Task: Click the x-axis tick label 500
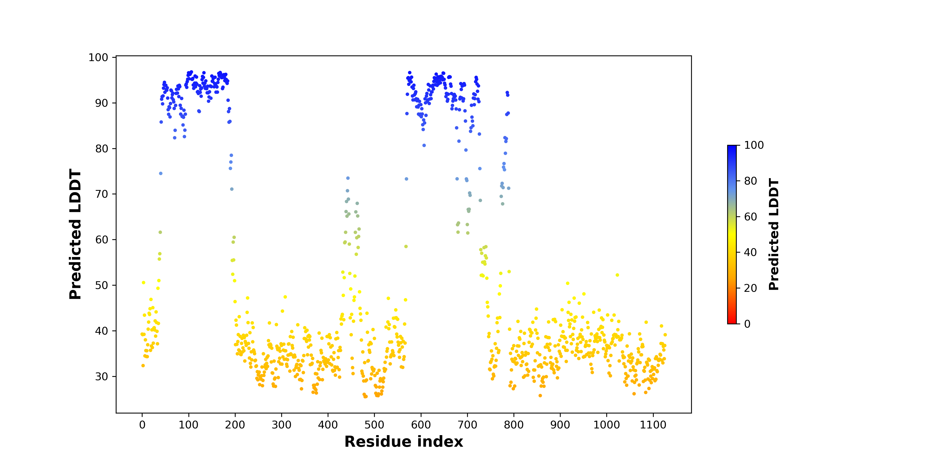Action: pyautogui.click(x=374, y=425)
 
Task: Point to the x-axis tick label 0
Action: pyautogui.click(x=142, y=425)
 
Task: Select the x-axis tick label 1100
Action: pyautogui.click(x=653, y=425)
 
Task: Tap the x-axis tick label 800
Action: pyautogui.click(x=514, y=425)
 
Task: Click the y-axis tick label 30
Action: pyautogui.click(x=102, y=376)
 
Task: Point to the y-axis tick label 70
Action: pyautogui.click(x=102, y=194)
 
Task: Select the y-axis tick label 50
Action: pyautogui.click(x=102, y=285)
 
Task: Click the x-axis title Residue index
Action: pyautogui.click(x=404, y=442)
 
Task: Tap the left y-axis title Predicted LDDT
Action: pyautogui.click(x=75, y=234)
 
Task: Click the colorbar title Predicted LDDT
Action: pyautogui.click(x=774, y=234)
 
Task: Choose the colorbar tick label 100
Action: pyautogui.click(x=754, y=145)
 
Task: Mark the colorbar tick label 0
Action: pyautogui.click(x=748, y=324)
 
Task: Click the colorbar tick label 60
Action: pyautogui.click(x=751, y=217)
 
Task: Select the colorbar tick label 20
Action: pyautogui.click(x=751, y=288)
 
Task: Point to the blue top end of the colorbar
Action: pyautogui.click(x=732, y=146)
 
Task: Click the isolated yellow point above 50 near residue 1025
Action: pyautogui.click(x=617, y=275)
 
